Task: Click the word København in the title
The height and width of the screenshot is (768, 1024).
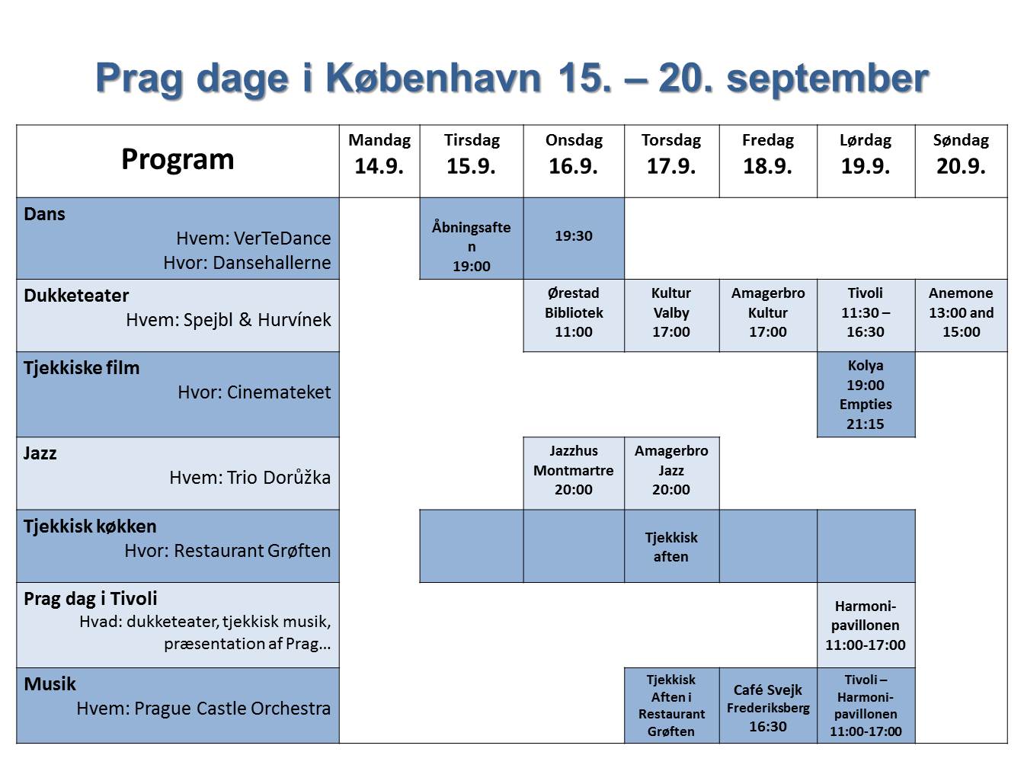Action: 434,78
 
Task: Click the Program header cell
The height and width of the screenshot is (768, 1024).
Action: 178,161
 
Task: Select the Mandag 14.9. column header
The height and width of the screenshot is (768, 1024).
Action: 379,161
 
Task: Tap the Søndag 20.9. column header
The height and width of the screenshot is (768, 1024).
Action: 961,161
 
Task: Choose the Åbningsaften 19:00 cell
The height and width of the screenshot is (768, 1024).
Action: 471,238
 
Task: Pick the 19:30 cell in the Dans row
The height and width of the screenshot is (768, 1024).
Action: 574,238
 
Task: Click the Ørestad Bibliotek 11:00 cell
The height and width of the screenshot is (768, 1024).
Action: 574,315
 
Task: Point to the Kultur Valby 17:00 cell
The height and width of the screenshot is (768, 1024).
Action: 671,315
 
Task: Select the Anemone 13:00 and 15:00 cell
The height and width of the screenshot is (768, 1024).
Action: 961,315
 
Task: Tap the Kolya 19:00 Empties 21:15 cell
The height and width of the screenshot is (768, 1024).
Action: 866,394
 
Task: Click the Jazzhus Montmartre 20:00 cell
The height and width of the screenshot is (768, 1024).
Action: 574,473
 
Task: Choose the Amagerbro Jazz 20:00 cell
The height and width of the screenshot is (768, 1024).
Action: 671,473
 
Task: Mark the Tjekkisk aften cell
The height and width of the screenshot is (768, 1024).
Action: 671,546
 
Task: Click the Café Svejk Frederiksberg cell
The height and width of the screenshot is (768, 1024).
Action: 768,705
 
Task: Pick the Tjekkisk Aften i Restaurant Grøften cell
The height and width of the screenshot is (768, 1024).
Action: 671,705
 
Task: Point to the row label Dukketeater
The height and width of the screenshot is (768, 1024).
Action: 76,296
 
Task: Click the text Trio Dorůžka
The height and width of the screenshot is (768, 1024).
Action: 279,478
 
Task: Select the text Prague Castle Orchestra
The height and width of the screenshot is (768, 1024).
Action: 232,709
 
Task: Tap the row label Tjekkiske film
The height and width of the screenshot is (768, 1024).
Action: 82,368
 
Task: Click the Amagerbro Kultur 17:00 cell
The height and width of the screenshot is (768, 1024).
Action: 768,315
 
